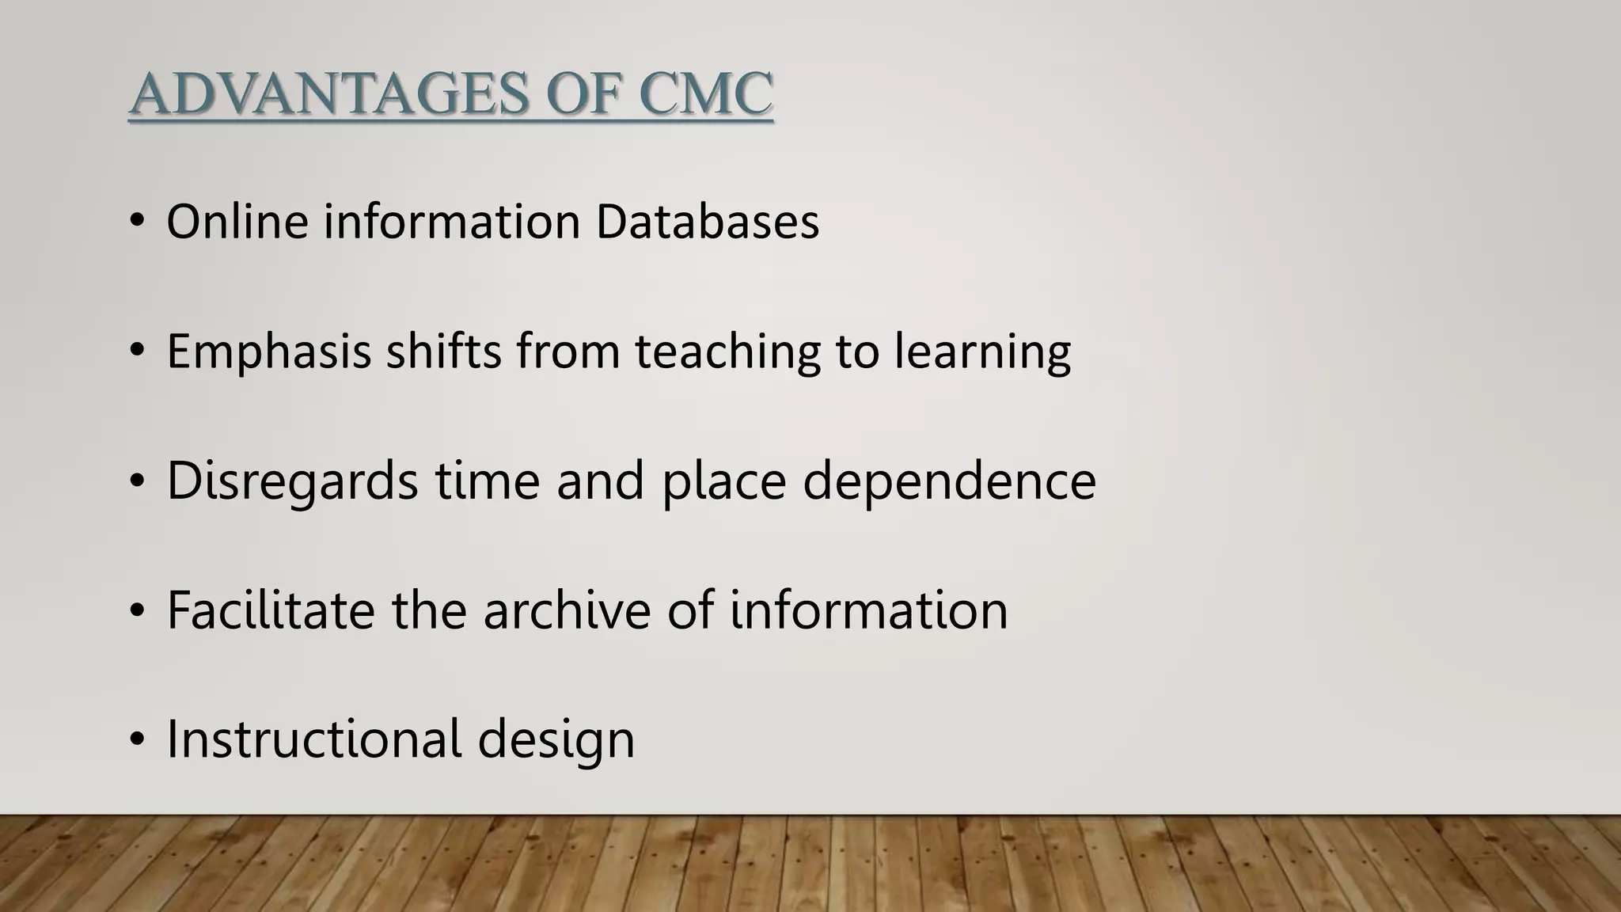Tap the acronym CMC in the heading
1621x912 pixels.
tap(704, 94)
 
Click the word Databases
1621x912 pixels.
tap(707, 221)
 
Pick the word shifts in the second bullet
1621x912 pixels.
tap(443, 351)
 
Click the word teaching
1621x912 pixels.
tap(727, 352)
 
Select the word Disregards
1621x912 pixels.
tap(292, 481)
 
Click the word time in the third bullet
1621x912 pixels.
tap(487, 481)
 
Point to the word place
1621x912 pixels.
tap(723, 482)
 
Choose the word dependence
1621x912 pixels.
tap(949, 481)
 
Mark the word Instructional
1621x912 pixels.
tap(314, 739)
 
